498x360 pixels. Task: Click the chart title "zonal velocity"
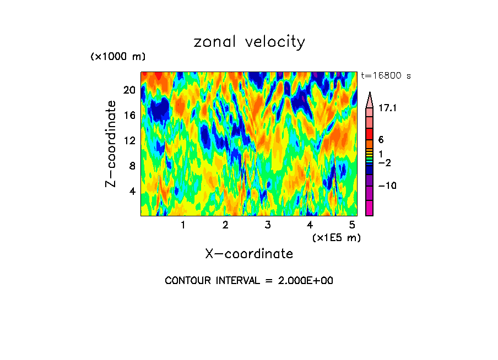tap(249, 42)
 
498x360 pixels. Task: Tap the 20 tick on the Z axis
tap(128, 90)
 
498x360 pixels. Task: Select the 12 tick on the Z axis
tap(128, 140)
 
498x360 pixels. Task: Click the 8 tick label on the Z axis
tap(131, 166)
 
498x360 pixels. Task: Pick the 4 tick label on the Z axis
tap(131, 191)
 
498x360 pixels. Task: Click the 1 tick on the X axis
tap(183, 225)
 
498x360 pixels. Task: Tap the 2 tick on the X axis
tap(225, 225)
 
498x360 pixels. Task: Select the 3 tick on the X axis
tap(267, 225)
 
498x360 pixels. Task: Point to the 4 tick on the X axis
tap(310, 225)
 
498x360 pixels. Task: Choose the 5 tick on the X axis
tap(351, 225)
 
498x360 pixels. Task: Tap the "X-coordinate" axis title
tap(249, 254)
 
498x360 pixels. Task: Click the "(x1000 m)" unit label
tap(117, 57)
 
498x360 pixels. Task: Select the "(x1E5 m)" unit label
tap(336, 237)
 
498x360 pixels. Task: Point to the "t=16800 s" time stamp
tap(386, 76)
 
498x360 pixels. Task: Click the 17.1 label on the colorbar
tap(388, 108)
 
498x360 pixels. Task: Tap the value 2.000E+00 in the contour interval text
tap(300, 281)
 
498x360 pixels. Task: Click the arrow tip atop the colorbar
tap(369, 94)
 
